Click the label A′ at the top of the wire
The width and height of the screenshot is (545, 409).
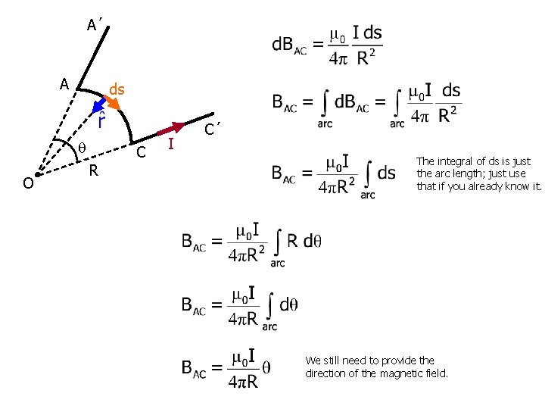click(95, 26)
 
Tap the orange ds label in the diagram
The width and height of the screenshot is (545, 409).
click(117, 90)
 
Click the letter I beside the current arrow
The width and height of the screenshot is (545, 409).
click(171, 144)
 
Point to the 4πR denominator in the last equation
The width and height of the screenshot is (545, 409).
click(243, 381)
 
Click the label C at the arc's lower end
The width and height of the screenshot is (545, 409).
click(140, 153)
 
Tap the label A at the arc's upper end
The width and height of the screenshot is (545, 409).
click(64, 83)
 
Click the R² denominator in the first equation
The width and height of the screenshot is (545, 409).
click(366, 58)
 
